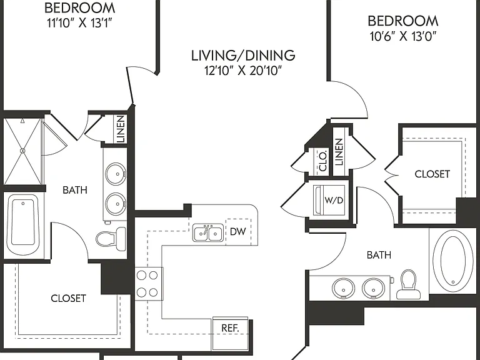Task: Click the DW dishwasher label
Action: pos(238,231)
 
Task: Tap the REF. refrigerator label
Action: pos(230,328)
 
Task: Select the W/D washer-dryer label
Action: pos(334,201)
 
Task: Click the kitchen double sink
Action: pos(208,232)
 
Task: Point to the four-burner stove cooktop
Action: pos(149,284)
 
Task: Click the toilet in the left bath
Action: pos(111,237)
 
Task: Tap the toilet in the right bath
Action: pos(406,284)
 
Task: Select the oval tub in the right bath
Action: pos(452,261)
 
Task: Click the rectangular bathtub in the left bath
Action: pos(23,224)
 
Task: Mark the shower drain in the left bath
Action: pos(22,151)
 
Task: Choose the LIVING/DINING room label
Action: pos(243,56)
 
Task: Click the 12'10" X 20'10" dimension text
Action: pos(243,71)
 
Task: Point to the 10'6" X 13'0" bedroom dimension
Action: pos(403,36)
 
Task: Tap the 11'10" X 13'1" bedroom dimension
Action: pos(79,23)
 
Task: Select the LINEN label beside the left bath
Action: pos(121,129)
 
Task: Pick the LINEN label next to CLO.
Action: pos(339,152)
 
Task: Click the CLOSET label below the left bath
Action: pos(68,298)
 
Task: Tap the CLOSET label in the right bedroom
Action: pos(432,174)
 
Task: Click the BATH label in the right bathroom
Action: pos(379,255)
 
